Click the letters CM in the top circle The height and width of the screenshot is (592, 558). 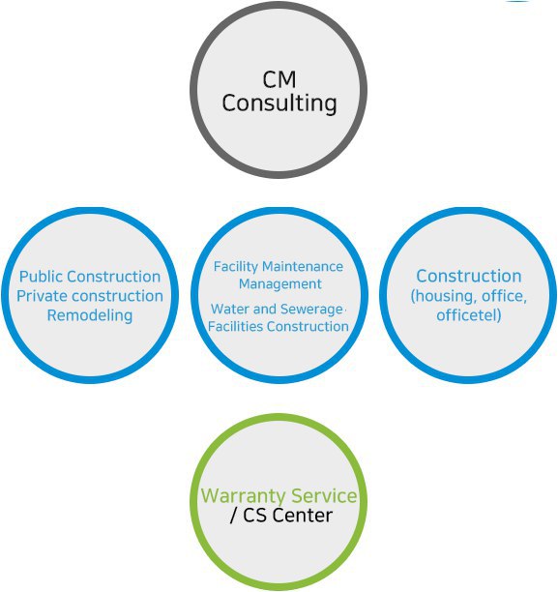279,79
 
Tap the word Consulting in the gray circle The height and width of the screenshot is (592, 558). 279,104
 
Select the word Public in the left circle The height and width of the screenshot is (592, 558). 43,277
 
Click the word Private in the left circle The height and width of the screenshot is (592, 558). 42,296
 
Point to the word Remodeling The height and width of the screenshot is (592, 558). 90,315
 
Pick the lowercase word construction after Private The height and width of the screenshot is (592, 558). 117,296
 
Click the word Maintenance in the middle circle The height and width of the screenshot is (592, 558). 303,267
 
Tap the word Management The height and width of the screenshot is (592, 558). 280,284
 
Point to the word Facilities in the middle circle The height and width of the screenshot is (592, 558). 235,327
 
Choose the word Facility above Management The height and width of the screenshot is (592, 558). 236,267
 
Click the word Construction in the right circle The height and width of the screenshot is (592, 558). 469,276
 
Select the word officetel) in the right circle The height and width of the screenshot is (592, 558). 469,315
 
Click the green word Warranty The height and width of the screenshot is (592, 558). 243,496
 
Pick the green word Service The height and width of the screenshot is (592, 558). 324,495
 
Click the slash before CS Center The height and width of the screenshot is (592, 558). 234,516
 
